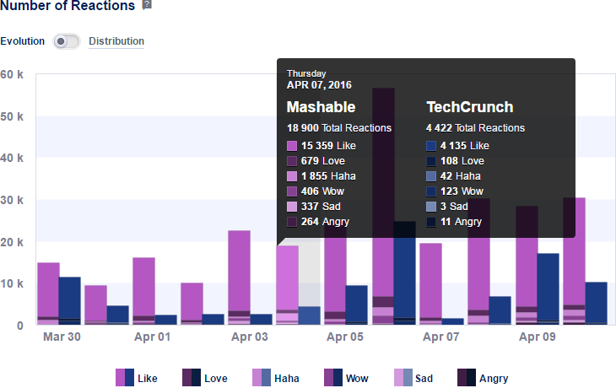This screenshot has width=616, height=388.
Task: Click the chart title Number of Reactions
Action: pos(68,7)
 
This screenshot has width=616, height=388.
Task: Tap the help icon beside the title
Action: pos(147,6)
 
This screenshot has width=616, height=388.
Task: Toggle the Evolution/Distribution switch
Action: pos(67,41)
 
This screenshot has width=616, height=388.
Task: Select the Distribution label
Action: pos(116,41)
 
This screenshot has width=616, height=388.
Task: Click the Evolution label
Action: pos(23,41)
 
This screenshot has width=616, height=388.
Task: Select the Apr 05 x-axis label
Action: pos(344,337)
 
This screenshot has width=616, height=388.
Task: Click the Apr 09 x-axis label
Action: pos(536,337)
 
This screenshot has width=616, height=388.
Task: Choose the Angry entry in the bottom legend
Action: pos(494,379)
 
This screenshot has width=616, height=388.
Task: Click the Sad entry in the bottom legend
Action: pos(424,379)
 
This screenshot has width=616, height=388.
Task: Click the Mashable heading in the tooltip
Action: pos(321,108)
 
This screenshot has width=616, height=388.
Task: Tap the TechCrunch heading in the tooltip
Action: pos(469,108)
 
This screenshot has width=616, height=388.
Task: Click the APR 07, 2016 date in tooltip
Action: pos(319,85)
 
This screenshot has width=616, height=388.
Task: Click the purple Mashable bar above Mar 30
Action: pos(48,291)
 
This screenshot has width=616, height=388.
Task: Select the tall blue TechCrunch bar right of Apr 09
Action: pos(548,287)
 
